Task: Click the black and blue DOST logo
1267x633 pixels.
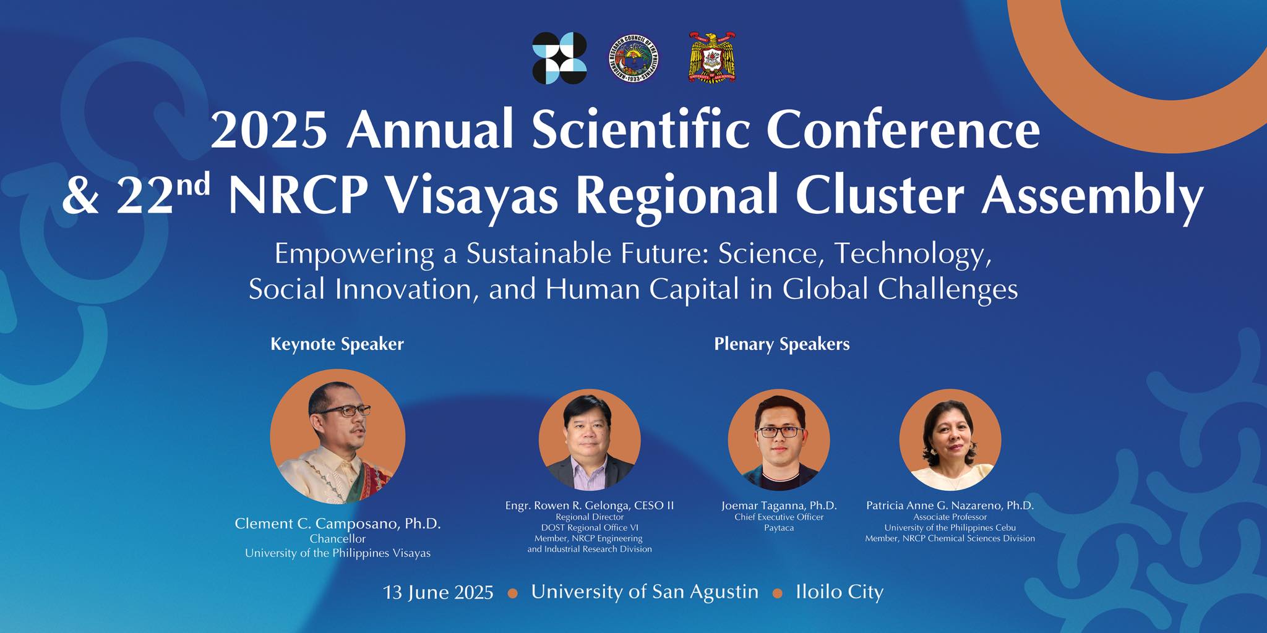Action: pos(559,58)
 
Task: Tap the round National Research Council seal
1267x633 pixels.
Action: pos(633,59)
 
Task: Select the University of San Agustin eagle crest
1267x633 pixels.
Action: pos(713,58)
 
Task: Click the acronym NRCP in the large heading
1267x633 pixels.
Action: pos(300,194)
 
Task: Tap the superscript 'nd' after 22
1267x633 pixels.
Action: pos(192,184)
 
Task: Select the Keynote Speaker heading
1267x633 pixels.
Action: pos(337,344)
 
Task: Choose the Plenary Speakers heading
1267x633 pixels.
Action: pos(782,344)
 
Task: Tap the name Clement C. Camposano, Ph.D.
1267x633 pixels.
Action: pos(338,524)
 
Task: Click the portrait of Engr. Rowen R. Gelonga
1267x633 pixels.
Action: pos(590,440)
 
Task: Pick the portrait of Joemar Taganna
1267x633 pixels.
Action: pos(779,440)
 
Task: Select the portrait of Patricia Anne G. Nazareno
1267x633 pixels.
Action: pos(950,440)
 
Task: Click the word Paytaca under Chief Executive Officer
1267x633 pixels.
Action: pos(779,528)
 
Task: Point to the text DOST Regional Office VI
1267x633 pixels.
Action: pos(590,527)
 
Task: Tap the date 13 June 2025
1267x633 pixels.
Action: pos(438,592)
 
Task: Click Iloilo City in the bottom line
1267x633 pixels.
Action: pos(840,592)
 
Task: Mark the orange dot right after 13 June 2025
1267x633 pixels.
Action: pos(512,593)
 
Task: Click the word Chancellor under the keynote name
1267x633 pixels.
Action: pos(338,539)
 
